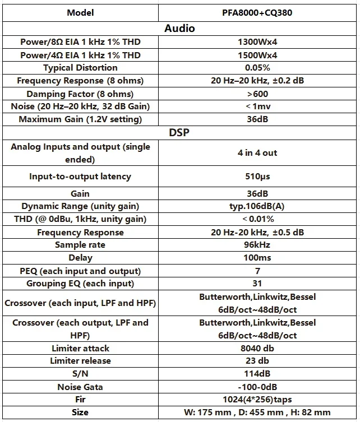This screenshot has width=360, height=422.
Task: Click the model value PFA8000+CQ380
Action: [257, 12]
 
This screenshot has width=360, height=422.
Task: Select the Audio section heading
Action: [179, 28]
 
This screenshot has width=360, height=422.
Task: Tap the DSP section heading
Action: [179, 133]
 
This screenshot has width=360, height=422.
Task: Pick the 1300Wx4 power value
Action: [257, 42]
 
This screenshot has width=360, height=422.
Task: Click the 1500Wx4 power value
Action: [257, 55]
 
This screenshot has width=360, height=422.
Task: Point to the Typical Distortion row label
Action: [80, 68]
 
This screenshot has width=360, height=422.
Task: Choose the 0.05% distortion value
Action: [257, 68]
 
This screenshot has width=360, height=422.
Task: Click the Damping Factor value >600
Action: [257, 94]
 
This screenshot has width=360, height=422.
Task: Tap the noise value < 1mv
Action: [257, 106]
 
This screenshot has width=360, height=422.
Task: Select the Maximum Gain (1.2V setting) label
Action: [80, 119]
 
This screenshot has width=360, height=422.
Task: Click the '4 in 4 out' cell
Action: [257, 152]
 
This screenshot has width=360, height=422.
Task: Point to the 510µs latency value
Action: [257, 177]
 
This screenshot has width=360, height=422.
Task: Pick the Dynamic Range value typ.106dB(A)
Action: [257, 206]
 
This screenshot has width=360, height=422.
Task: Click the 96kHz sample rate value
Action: [257, 245]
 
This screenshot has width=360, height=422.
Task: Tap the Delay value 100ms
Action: [257, 258]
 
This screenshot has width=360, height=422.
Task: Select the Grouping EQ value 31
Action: [257, 284]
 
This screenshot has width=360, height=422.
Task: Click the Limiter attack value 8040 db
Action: [257, 348]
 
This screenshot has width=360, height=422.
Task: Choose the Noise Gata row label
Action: [80, 387]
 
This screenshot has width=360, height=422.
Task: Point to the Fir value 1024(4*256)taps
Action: [257, 400]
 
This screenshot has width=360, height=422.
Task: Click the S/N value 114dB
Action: [257, 374]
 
